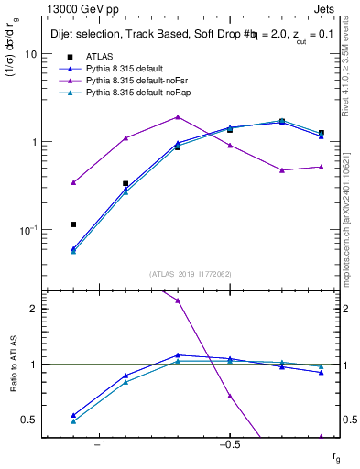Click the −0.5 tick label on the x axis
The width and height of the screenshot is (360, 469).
tap(228, 445)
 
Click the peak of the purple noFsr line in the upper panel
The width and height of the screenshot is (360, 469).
tap(178, 117)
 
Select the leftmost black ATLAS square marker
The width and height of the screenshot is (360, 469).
tap(73, 224)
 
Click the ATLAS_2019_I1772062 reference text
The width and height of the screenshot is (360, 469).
tap(191, 274)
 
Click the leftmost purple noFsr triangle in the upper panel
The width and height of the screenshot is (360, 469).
tap(73, 182)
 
